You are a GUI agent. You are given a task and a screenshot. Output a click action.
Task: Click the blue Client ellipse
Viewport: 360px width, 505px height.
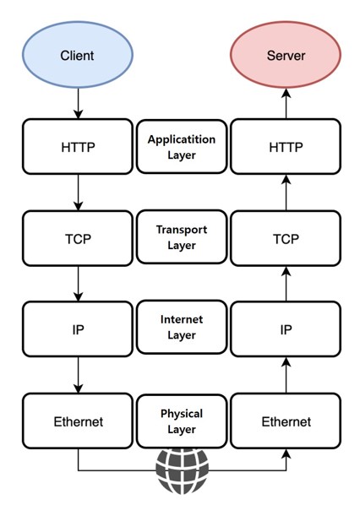pos(78,56)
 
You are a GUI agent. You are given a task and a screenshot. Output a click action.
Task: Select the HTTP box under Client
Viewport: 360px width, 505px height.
pos(78,147)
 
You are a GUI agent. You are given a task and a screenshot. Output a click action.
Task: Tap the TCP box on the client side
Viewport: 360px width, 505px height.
pos(78,238)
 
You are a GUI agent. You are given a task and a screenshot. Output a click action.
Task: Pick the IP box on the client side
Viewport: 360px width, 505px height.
pos(78,329)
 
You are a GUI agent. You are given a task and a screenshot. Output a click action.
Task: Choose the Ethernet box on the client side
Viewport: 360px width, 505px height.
pos(78,421)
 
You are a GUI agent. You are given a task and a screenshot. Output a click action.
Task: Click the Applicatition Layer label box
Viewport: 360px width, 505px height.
pos(181,147)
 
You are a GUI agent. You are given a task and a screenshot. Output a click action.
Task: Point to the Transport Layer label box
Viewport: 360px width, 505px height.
pos(181,238)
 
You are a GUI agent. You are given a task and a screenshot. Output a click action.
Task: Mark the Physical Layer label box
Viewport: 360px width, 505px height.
pos(181,421)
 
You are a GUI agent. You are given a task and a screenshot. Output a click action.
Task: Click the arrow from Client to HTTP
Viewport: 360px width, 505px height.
pos(78,103)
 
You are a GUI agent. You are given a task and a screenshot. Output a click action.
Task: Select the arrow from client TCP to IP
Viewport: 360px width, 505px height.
pos(78,284)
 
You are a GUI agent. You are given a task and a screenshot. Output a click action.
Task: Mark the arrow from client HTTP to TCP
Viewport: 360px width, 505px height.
pos(78,193)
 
